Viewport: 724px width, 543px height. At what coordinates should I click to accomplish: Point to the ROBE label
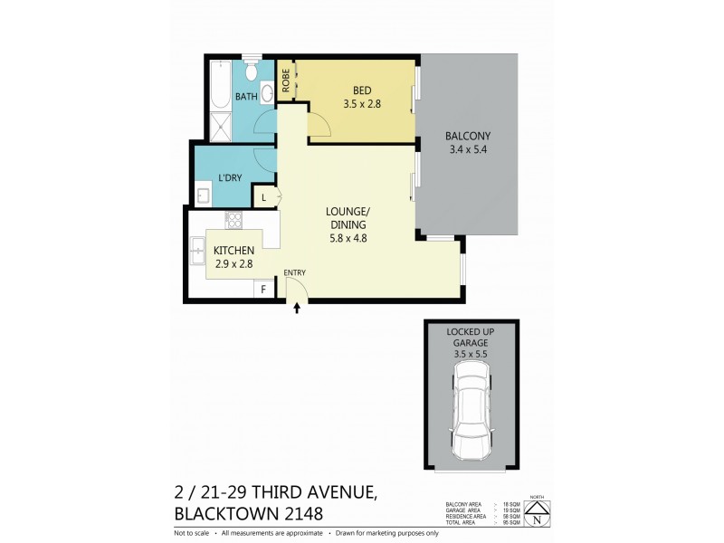[x=286, y=81]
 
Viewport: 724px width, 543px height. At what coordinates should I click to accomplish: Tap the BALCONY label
[x=468, y=138]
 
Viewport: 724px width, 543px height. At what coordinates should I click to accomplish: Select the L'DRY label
[x=230, y=178]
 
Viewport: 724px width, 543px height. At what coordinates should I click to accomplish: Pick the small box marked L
[x=264, y=197]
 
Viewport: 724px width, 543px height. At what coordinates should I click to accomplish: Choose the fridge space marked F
[x=263, y=290]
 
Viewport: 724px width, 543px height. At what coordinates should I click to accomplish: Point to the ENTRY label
[x=295, y=271]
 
